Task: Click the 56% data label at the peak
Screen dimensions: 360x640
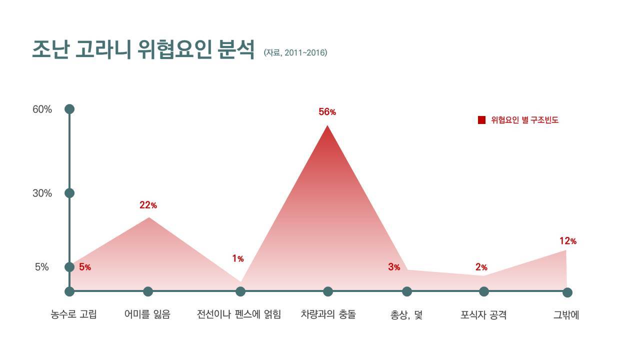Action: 327,112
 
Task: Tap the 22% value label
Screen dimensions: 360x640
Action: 148,205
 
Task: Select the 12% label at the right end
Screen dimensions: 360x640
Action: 567,241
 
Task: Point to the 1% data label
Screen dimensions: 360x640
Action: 237,258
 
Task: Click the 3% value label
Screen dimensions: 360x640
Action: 394,267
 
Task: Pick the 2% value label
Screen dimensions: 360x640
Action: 481,267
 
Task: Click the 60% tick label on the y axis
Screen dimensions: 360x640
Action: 42,109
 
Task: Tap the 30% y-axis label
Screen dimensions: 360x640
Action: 42,193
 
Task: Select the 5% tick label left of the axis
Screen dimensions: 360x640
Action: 42,267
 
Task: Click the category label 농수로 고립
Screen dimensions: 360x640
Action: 73,315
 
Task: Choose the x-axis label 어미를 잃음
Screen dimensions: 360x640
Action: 147,315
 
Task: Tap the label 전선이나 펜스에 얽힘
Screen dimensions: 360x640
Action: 239,315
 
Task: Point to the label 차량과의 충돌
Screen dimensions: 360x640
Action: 328,315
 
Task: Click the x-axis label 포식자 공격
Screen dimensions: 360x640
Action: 483,315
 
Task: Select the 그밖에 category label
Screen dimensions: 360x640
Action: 566,315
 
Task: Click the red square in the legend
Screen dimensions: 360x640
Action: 481,120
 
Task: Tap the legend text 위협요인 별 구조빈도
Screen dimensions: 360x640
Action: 524,120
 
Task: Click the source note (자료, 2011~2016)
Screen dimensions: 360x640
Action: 295,52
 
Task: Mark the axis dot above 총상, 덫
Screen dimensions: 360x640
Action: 407,291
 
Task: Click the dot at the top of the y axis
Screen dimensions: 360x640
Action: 69,109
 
